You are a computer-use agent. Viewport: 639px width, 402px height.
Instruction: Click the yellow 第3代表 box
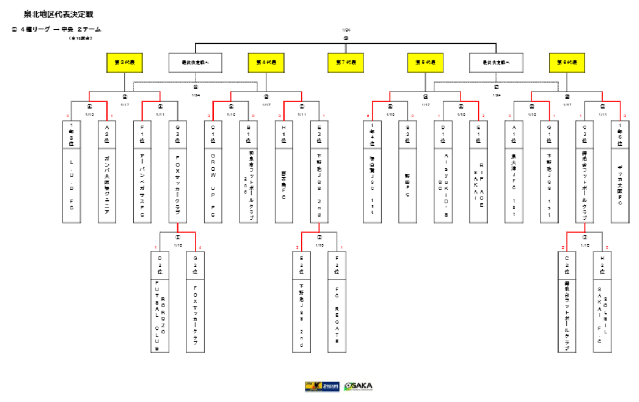click(125, 63)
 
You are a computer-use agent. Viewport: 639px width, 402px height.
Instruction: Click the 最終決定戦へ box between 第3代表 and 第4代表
click(195, 63)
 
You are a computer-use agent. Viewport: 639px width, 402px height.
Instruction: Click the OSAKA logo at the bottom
click(358, 386)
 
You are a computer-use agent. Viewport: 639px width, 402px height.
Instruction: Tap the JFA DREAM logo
click(322, 386)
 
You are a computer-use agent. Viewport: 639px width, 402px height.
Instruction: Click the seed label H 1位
click(283, 134)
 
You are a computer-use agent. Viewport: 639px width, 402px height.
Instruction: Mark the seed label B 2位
click(408, 134)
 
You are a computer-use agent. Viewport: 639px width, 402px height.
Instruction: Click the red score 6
click(368, 116)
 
